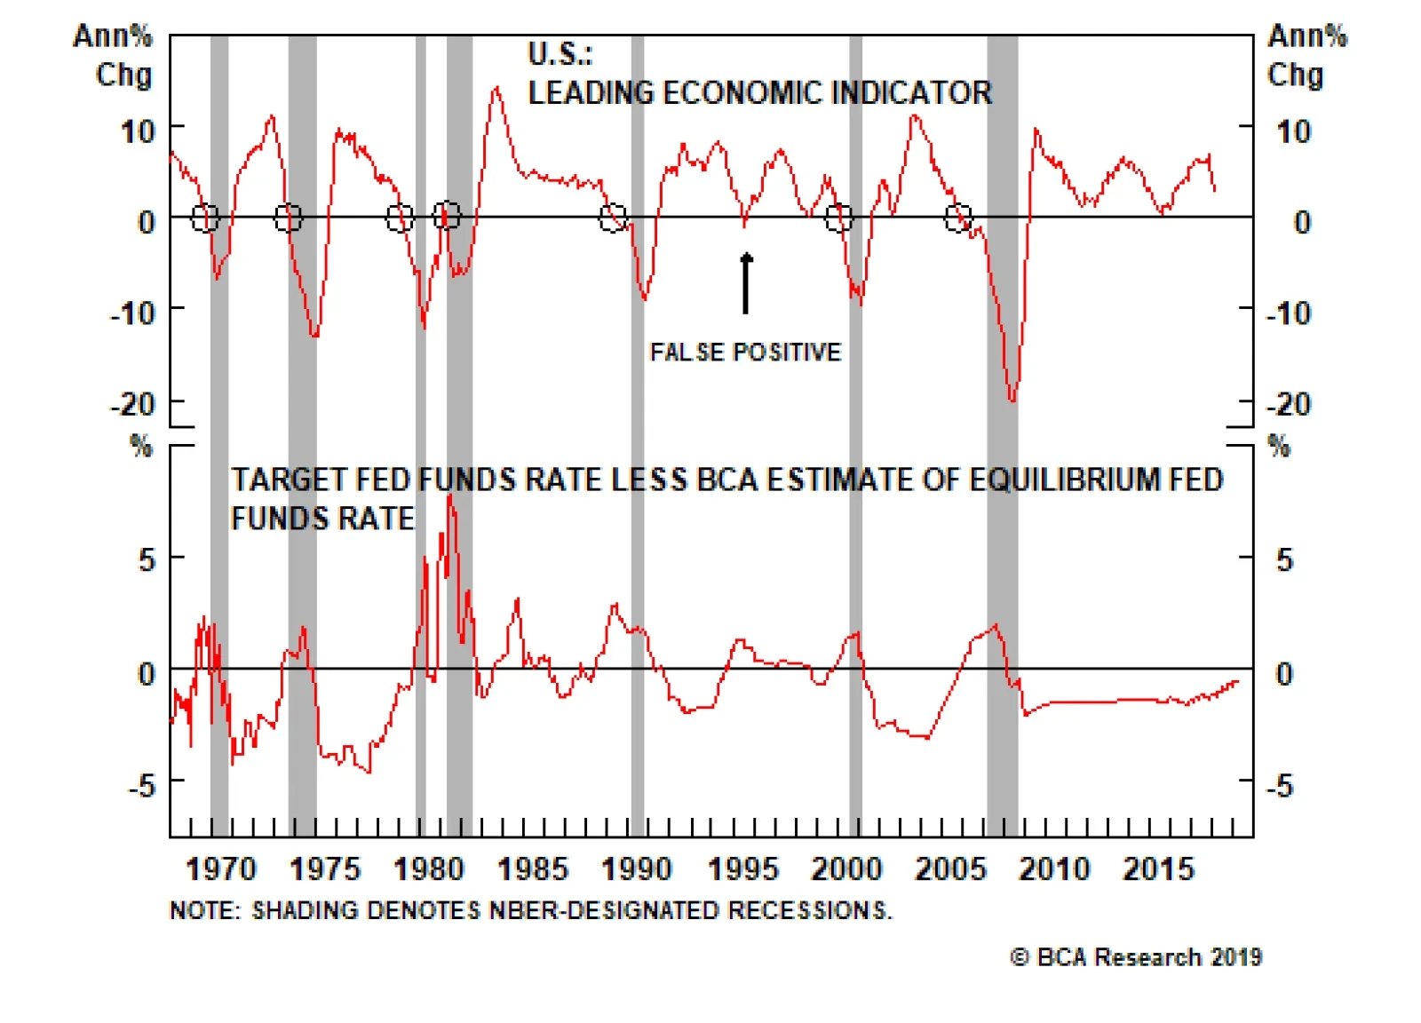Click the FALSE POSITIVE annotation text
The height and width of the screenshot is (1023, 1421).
tap(745, 353)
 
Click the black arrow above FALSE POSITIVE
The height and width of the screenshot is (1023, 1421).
tap(746, 283)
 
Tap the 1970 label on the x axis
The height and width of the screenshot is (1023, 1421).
tap(220, 868)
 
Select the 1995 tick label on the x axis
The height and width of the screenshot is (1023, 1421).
tap(742, 868)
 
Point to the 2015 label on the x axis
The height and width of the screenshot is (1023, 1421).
tap(1158, 868)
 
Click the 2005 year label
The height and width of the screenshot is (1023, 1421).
tap(950, 868)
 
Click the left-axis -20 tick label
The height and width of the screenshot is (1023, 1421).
tap(133, 405)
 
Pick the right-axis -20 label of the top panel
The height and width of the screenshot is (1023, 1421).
tap(1290, 405)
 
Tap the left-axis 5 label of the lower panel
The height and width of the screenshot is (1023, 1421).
tap(147, 560)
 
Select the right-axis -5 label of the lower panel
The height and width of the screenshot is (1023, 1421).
tap(1279, 785)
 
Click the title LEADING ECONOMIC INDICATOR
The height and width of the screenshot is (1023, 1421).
tap(759, 93)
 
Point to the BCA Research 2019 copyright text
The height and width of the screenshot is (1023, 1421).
tap(1136, 957)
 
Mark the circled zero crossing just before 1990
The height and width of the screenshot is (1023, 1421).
tap(613, 218)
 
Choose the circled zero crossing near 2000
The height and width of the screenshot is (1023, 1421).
tap(838, 217)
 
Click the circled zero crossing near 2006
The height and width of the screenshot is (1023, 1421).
tap(958, 218)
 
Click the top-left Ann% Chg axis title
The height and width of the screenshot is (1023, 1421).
tap(114, 55)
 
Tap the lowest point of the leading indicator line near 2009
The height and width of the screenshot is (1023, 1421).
tap(1012, 400)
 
